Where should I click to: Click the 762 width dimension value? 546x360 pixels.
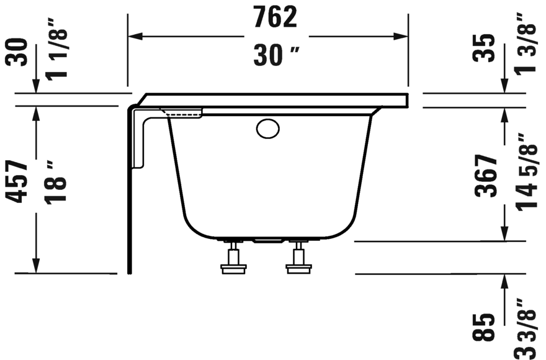(275, 17)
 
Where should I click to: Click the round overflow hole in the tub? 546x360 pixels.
(268, 129)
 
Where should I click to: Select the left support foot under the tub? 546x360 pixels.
(234, 259)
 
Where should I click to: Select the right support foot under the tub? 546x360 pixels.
(298, 259)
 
